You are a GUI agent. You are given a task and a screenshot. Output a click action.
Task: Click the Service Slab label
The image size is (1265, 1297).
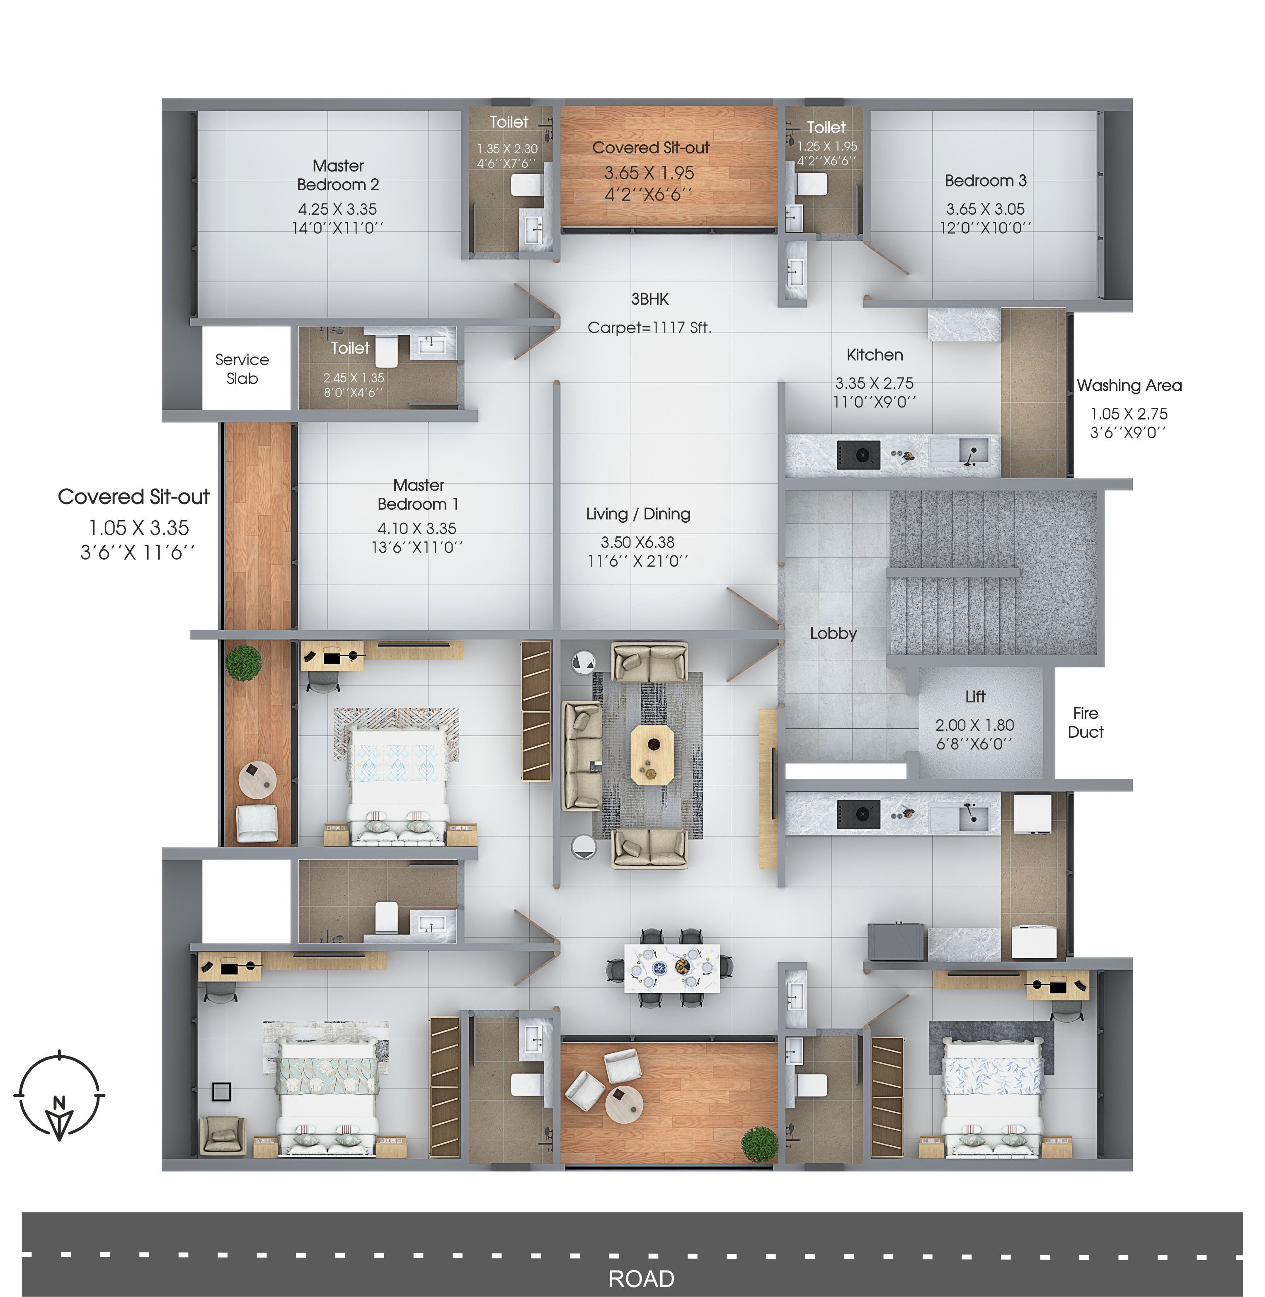tap(242, 369)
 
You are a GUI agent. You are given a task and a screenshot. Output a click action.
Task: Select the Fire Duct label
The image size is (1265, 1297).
tap(1085, 722)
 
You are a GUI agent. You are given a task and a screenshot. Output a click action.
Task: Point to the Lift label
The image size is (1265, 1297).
tap(975, 696)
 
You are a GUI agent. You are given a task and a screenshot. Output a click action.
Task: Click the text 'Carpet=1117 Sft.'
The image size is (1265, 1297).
tap(649, 327)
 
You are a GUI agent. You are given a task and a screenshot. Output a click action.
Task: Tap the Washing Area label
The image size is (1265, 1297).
tap(1129, 385)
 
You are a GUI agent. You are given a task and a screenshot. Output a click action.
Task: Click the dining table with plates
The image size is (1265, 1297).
tap(671, 968)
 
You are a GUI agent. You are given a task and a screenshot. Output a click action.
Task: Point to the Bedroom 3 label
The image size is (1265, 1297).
tap(985, 181)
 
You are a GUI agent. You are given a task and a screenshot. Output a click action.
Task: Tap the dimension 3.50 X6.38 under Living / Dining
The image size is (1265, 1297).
tap(637, 542)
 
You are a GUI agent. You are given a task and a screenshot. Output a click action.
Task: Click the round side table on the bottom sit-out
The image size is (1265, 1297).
tap(623, 1104)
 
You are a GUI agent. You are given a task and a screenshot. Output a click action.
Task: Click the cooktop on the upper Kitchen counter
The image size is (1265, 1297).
tap(858, 455)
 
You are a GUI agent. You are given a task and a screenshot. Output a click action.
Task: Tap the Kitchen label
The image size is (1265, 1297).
tap(874, 355)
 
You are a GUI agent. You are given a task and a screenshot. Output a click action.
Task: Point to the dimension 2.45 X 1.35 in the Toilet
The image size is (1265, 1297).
tap(354, 377)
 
